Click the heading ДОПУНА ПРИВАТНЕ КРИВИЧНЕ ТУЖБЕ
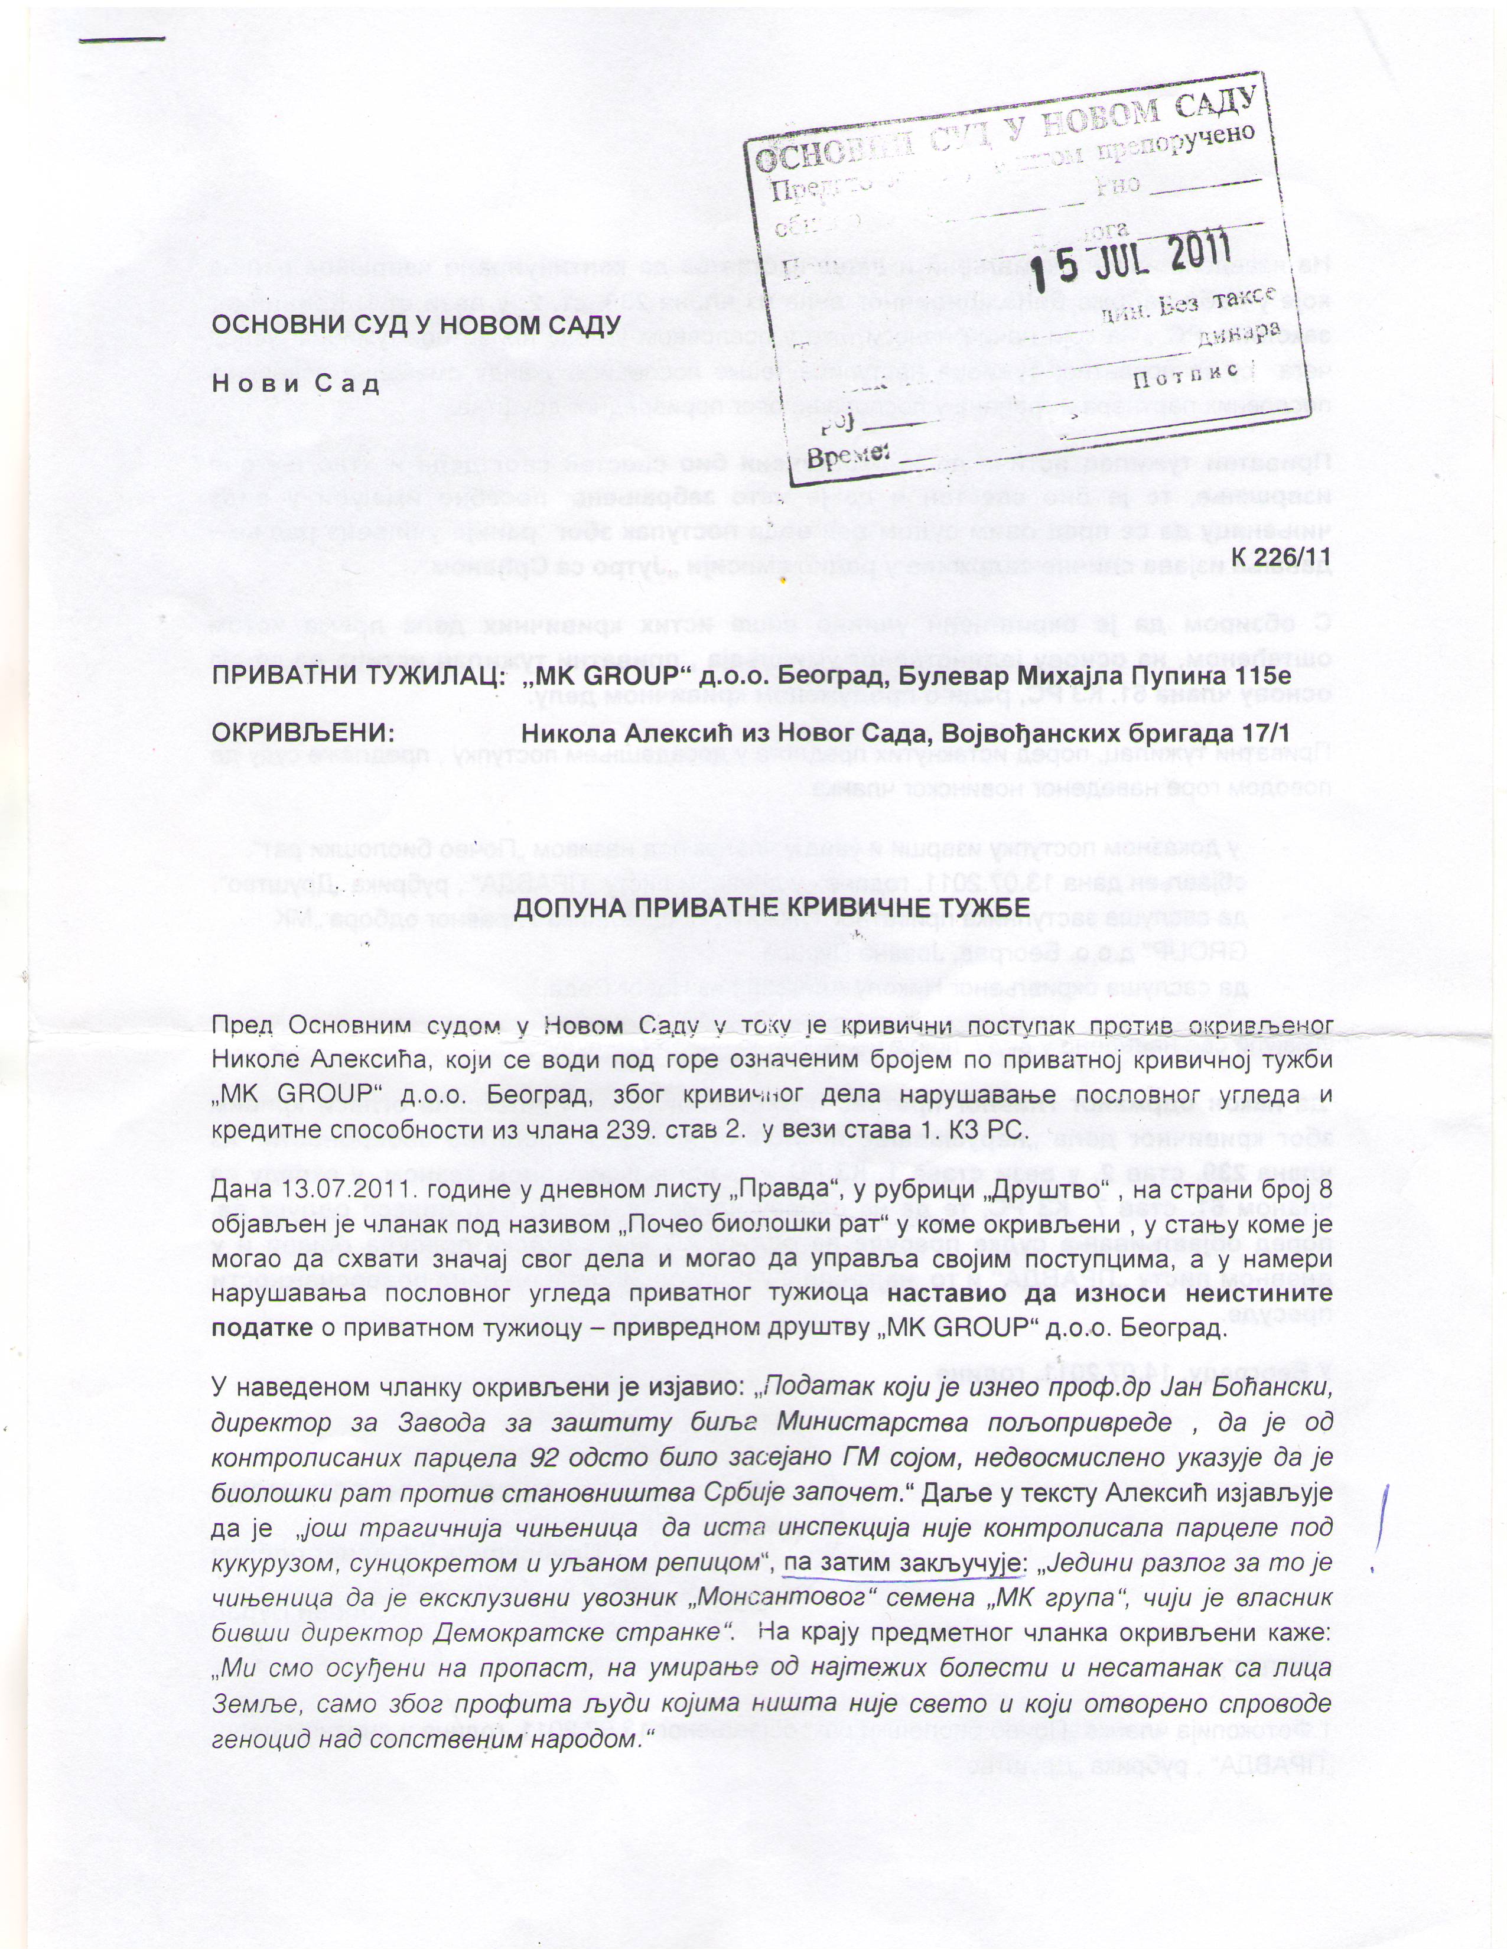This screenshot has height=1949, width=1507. [x=773, y=907]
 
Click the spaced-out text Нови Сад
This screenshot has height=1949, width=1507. [x=295, y=384]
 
